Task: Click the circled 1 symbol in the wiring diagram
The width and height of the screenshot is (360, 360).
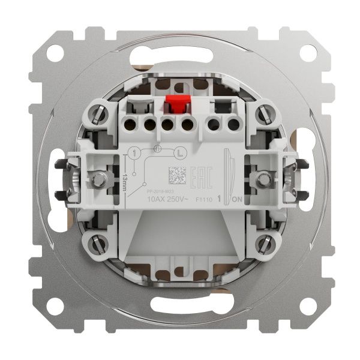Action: point(134,154)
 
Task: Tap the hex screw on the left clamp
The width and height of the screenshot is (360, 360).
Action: point(95,179)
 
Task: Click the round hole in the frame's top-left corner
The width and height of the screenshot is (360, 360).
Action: point(53,52)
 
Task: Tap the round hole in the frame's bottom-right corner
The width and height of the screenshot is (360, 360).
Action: point(307,307)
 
